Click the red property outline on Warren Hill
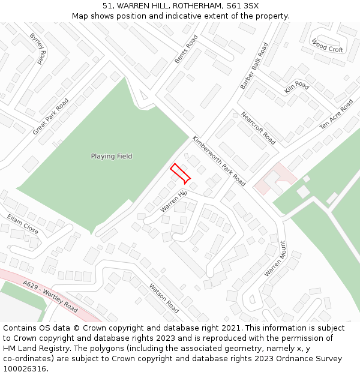click(x=180, y=173)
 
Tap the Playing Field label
click(x=112, y=157)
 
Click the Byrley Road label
click(x=38, y=49)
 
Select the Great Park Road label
click(x=51, y=116)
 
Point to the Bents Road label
click(x=186, y=49)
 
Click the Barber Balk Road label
click(x=254, y=66)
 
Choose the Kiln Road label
click(x=297, y=87)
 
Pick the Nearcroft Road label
click(x=258, y=128)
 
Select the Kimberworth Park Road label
click(x=219, y=160)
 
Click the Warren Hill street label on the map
click(x=174, y=202)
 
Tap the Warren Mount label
click(x=276, y=259)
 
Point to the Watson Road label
click(x=164, y=299)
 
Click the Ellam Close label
click(x=23, y=224)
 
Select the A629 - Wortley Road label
click(x=50, y=296)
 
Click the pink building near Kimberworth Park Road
click(x=275, y=179)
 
